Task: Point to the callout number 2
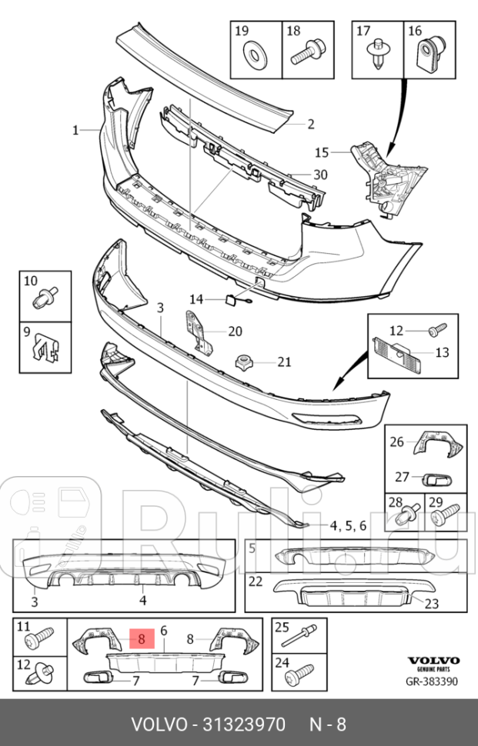click(311, 124)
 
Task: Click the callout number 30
click(320, 175)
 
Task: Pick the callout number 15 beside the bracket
click(322, 152)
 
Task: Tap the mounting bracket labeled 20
click(200, 331)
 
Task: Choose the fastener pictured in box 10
click(45, 297)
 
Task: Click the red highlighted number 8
click(142, 639)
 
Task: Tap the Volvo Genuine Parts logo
click(433, 663)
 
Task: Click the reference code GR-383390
click(431, 681)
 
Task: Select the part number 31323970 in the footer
click(244, 724)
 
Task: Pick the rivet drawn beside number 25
click(299, 634)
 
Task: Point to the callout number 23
click(431, 603)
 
